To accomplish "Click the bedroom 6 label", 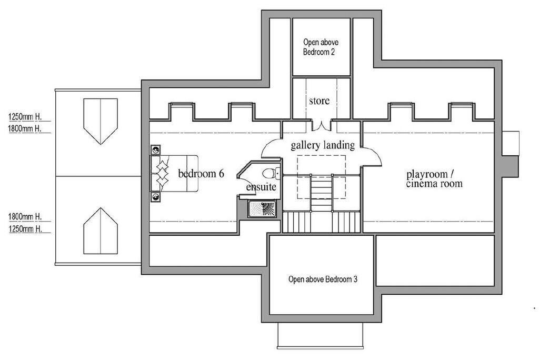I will [x=201, y=174].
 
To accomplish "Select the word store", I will [x=319, y=100].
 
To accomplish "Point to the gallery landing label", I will [x=322, y=145].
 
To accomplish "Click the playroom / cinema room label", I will [x=434, y=179].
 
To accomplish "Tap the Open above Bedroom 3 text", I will [x=323, y=279].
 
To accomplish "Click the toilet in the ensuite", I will [x=269, y=173].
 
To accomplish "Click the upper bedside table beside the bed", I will [x=156, y=150].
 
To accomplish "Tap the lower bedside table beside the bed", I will [x=156, y=197].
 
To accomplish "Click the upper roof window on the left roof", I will [x=100, y=121].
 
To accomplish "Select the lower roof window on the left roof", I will [x=100, y=231].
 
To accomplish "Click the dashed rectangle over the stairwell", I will [x=321, y=176].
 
